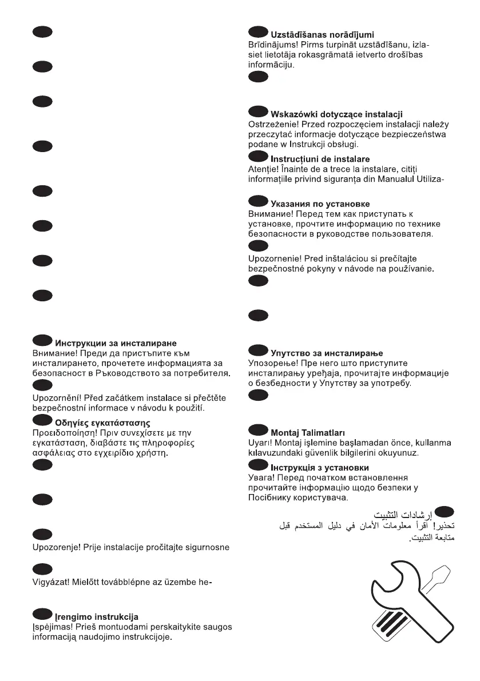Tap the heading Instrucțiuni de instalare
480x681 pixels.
pos(320,159)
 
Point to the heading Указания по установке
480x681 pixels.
pos(320,204)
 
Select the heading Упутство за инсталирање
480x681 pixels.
pos(327,353)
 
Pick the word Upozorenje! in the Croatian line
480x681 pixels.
pos(57,547)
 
